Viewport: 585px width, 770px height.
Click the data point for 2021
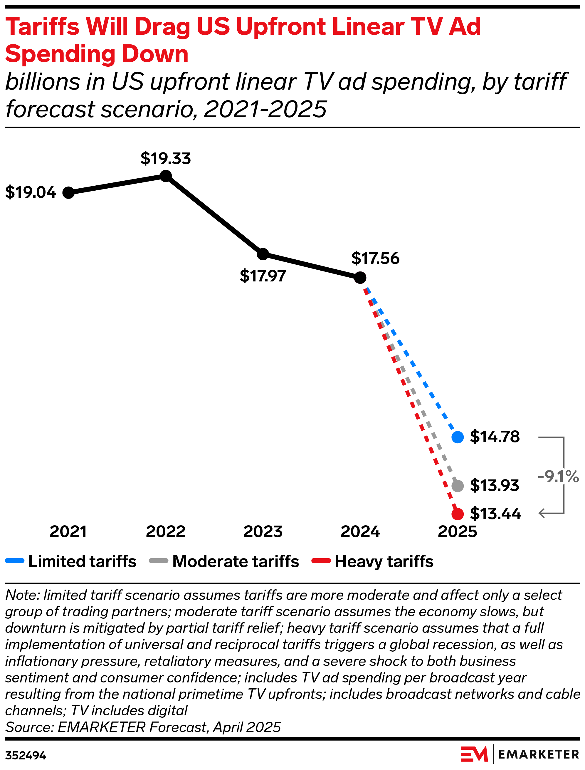(69, 193)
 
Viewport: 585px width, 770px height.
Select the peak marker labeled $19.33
(166, 176)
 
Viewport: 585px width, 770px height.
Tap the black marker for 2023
(263, 254)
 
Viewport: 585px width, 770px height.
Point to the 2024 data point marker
(360, 278)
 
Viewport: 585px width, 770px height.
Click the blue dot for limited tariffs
(458, 437)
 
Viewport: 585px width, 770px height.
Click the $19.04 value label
(31, 193)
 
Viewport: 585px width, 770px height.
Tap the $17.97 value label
(263, 276)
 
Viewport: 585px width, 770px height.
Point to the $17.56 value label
(375, 259)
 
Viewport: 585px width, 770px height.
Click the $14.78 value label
(495, 437)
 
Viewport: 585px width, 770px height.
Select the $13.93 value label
(495, 485)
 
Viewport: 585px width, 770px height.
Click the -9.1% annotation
(558, 477)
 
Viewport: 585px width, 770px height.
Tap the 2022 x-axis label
(166, 532)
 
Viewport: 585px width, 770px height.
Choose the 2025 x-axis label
(457, 532)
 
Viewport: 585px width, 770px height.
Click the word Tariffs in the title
(43, 26)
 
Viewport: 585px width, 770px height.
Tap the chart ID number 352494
(26, 756)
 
